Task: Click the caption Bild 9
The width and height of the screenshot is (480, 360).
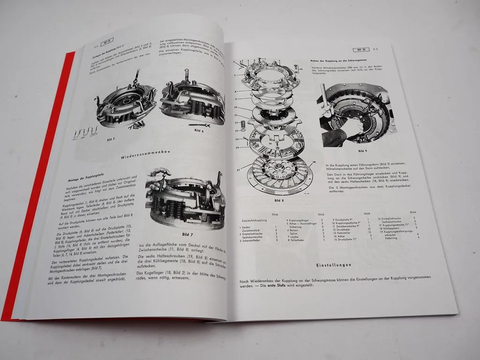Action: coord(362,151)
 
